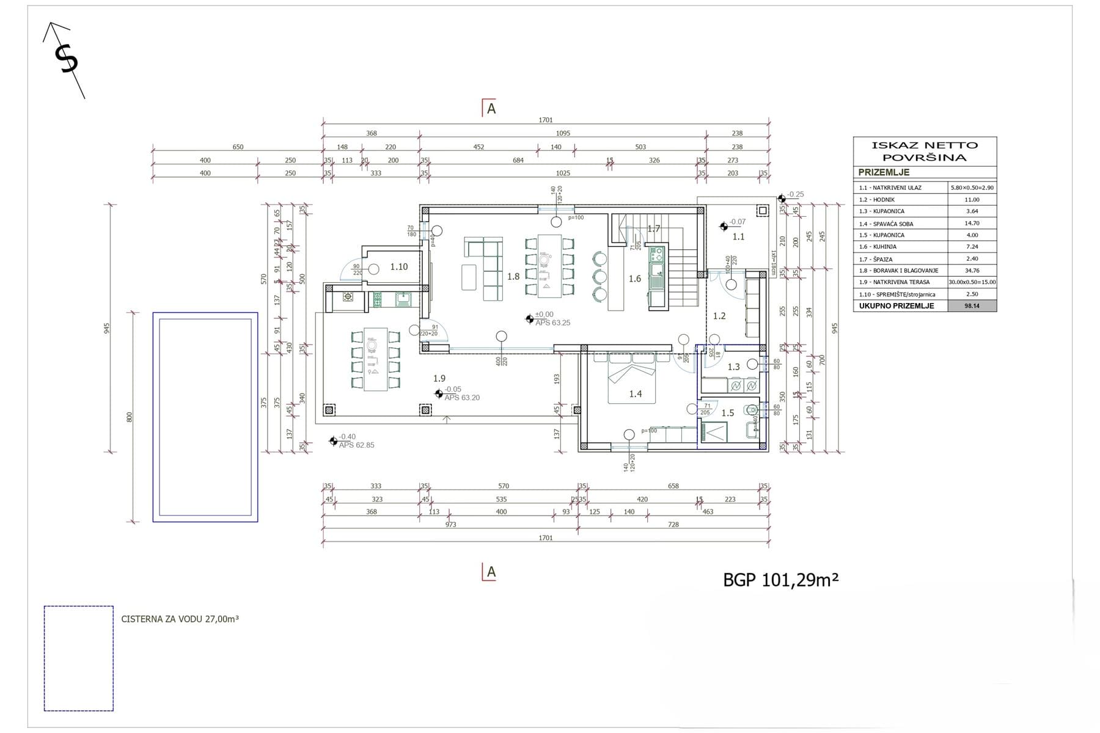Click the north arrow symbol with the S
tap(65, 60)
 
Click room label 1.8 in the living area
tap(513, 277)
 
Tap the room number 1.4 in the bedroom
tap(636, 394)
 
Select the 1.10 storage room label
tap(399, 267)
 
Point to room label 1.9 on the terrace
tap(439, 379)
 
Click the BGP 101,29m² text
tap(780, 580)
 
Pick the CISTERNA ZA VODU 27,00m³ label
tap(180, 619)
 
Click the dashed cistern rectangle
tap(79, 658)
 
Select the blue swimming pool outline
tap(205, 417)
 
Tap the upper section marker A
tap(490, 108)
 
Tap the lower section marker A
tap(490, 572)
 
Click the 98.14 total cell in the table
tap(972, 306)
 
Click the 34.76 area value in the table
tap(972, 271)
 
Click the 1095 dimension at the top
tap(563, 133)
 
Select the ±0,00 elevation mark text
tap(544, 315)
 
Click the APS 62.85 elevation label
tap(357, 445)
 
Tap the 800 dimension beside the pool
tap(129, 417)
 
